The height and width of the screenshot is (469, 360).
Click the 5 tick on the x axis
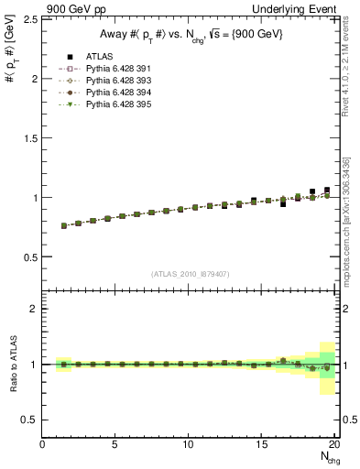click(x=115, y=445)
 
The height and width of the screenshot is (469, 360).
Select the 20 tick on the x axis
click(x=335, y=445)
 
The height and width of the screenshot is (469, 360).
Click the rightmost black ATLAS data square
click(x=327, y=191)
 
